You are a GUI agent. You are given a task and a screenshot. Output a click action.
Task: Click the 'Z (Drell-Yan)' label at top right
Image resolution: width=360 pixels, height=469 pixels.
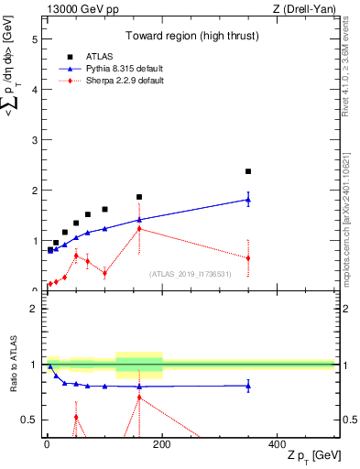[303, 9]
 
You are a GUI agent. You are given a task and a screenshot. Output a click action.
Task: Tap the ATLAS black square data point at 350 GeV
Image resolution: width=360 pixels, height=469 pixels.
[248, 171]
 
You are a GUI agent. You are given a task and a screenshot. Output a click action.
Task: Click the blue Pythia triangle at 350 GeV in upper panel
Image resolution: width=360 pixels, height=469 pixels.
[248, 200]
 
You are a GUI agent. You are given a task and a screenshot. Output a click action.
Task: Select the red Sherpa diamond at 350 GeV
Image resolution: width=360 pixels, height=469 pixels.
[248, 258]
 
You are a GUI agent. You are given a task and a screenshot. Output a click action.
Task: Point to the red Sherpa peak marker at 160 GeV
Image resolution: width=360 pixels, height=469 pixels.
[139, 228]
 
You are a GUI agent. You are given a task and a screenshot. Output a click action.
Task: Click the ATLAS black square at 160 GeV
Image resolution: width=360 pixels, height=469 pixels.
[139, 197]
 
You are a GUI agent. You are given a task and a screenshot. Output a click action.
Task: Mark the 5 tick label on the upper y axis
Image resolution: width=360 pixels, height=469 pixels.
[34, 40]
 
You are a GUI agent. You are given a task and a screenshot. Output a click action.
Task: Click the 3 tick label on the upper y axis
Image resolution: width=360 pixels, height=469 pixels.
[34, 140]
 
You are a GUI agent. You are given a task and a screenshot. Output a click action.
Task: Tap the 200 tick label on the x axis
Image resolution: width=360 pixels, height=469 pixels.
[162, 443]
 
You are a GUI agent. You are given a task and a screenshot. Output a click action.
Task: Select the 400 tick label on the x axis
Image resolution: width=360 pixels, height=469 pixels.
[277, 443]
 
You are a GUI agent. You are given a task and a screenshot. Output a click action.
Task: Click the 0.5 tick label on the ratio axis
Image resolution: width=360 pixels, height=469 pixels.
[29, 420]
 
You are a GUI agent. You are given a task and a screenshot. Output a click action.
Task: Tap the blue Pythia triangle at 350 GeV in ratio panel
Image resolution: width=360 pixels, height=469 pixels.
[248, 386]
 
